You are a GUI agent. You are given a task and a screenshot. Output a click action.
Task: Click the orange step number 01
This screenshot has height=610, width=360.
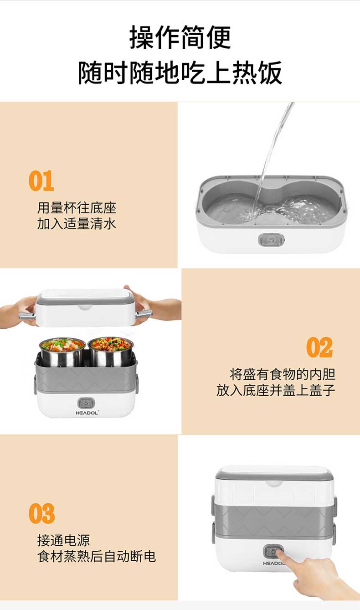tap(41, 181)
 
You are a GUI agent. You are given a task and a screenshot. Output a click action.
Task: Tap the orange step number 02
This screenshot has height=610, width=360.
tap(319, 347)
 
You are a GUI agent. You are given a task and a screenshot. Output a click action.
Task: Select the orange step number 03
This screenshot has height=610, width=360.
tap(41, 513)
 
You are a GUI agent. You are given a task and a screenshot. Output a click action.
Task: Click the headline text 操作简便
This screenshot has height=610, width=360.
tap(180, 37)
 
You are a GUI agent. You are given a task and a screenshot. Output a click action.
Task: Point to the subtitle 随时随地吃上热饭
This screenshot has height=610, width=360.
tap(180, 72)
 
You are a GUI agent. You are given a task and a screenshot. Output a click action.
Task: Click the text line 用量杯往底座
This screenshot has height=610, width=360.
tap(77, 208)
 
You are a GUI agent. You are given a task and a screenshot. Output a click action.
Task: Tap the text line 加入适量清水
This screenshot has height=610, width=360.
tap(77, 224)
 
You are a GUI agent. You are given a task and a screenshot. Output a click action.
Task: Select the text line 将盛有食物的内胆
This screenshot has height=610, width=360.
tap(283, 374)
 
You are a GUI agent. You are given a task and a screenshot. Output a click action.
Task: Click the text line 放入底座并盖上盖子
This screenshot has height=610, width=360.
tap(276, 390)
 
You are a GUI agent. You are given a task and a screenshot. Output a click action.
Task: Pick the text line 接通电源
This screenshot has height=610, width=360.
tap(64, 540)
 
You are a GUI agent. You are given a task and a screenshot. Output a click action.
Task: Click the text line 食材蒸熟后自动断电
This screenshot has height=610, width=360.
tap(97, 556)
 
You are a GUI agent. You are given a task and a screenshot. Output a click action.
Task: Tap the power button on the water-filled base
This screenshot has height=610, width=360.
tap(271, 240)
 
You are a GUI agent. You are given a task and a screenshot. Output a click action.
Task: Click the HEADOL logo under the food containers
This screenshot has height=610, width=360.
tap(87, 413)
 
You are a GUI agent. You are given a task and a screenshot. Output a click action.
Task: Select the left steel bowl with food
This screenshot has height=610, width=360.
tap(62, 352)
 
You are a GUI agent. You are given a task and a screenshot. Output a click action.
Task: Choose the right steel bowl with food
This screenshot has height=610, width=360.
tap(111, 352)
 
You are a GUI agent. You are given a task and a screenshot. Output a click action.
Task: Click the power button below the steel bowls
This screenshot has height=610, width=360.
tap(86, 403)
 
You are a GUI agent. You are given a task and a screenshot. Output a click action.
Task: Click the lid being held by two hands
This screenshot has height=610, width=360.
tap(85, 308)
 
